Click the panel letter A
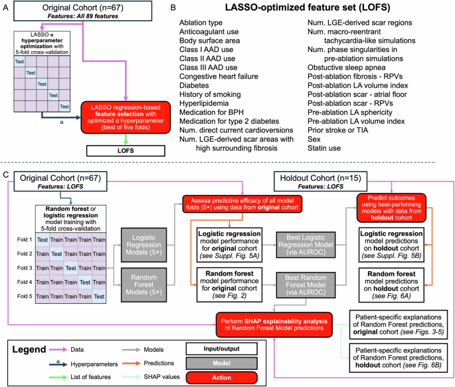click(x=5, y=7)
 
